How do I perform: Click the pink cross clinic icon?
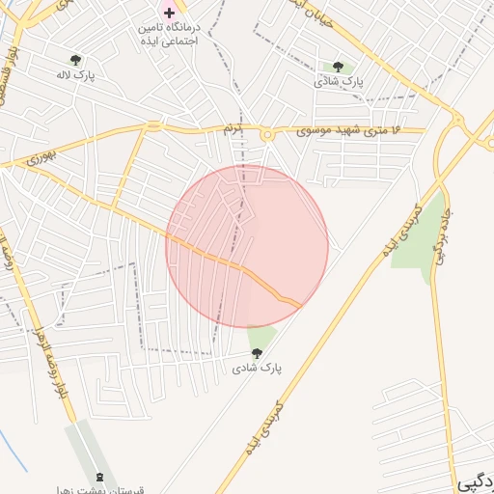[x=170, y=13]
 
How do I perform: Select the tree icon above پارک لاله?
[x=76, y=61]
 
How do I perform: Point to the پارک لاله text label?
[x=74, y=76]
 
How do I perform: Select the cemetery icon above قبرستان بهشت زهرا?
[x=101, y=478]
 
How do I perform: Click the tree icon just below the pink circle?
[x=256, y=353]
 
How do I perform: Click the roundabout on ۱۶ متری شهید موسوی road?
[x=266, y=135]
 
